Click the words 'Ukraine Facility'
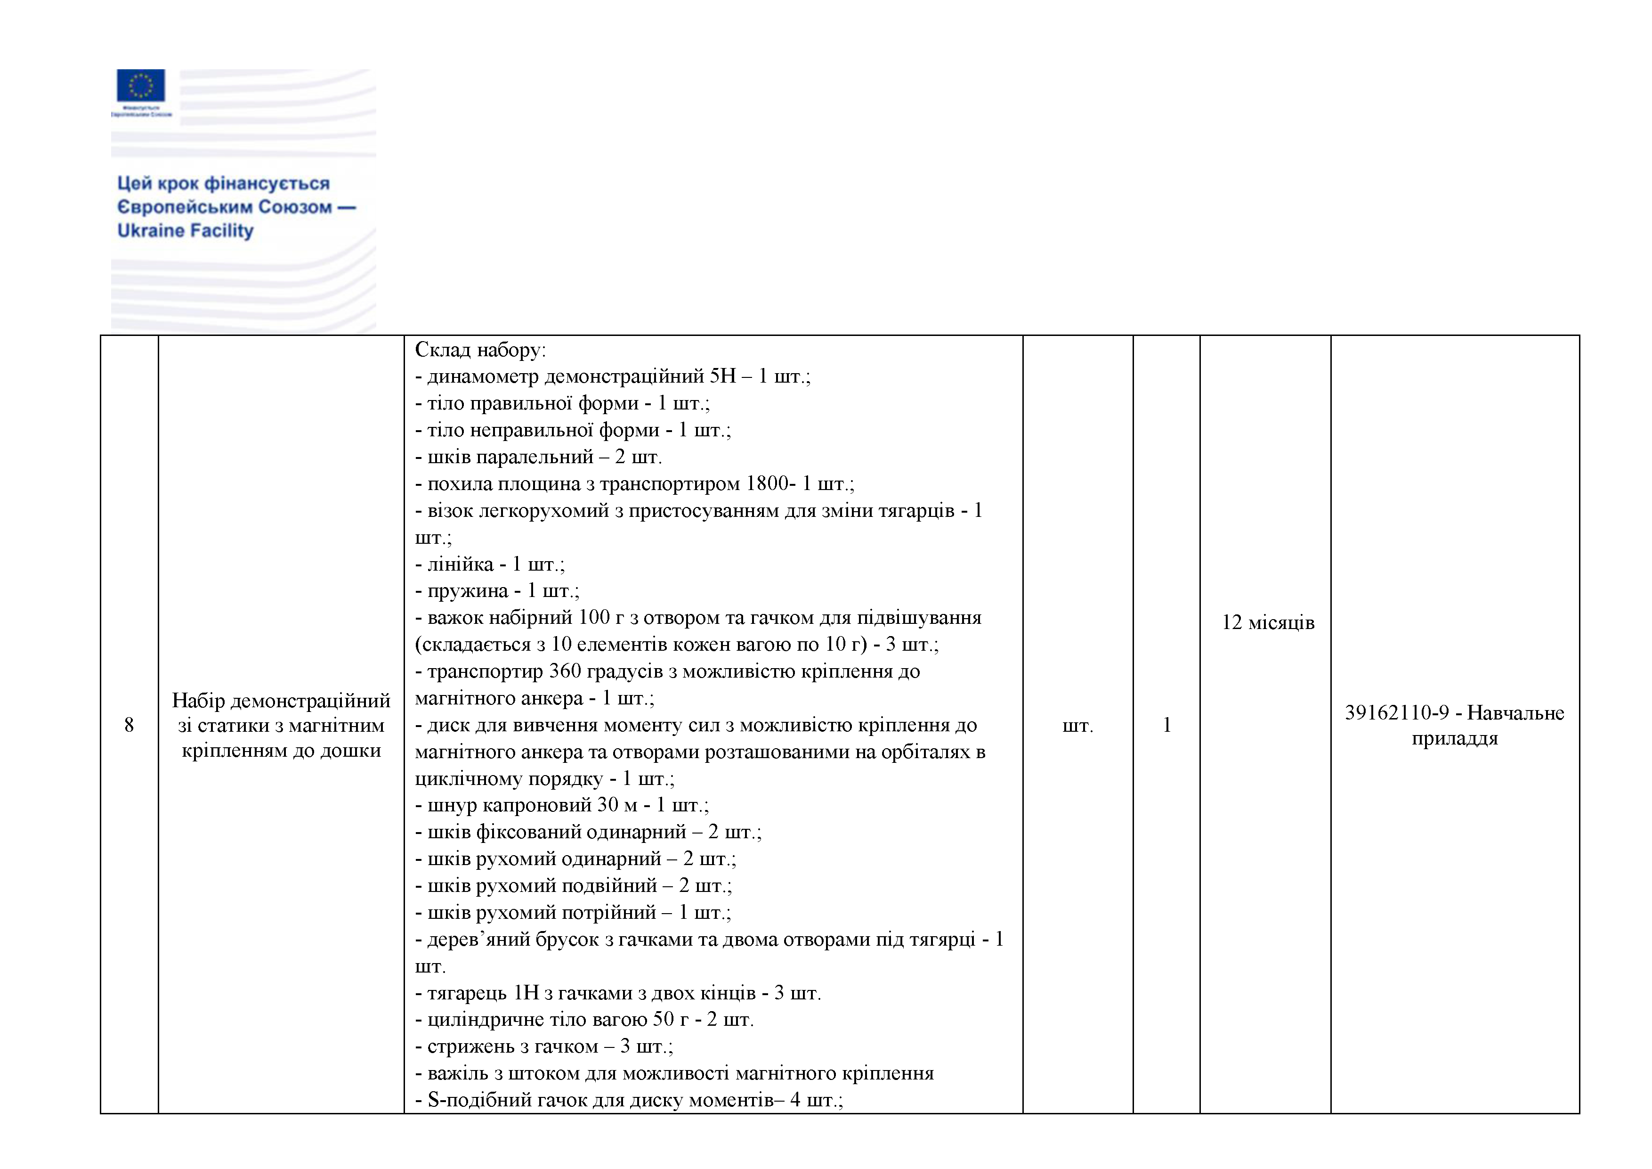[x=186, y=231]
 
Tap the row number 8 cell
[x=129, y=725]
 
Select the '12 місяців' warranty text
[x=1268, y=622]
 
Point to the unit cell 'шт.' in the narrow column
[x=1077, y=726]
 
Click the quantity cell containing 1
[x=1166, y=725]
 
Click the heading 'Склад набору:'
[x=480, y=350]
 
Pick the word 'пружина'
[x=467, y=591]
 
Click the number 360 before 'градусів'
[x=564, y=671]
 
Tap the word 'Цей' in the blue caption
[x=134, y=184]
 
